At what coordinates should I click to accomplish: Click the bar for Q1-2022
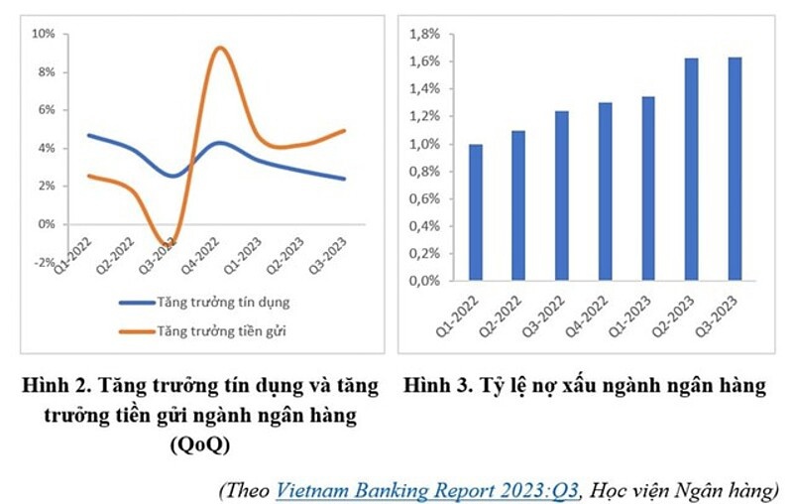tap(476, 212)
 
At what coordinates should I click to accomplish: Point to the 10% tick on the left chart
tap(45, 34)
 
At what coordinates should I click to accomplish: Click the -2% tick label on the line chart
tap(44, 262)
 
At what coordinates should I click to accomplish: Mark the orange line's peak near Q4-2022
tap(219, 48)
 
